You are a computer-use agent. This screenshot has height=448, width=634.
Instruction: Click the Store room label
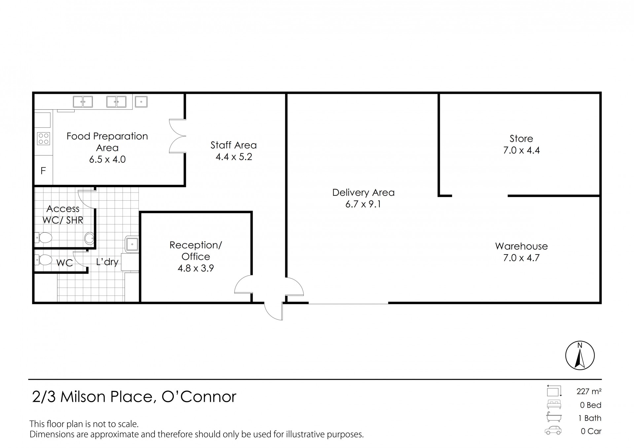(x=521, y=139)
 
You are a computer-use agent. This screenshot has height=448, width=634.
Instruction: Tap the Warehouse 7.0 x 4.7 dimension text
(x=521, y=258)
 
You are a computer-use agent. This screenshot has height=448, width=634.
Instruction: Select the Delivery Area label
(x=363, y=192)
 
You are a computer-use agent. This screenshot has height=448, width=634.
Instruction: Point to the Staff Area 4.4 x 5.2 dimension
(x=234, y=157)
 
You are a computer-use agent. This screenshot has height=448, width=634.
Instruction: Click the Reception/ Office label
(x=196, y=251)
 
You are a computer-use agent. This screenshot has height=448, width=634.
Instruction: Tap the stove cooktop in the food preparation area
(x=44, y=138)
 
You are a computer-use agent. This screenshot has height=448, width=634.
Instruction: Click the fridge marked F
(x=43, y=171)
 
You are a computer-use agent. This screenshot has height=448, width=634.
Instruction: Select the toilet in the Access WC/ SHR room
(x=44, y=237)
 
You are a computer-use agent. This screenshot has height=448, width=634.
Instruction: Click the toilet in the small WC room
(x=44, y=260)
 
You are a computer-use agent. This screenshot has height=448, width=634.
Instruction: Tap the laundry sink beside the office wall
(x=132, y=244)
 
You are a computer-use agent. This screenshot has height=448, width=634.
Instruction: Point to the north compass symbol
(x=580, y=356)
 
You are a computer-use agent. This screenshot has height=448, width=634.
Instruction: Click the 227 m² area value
(x=589, y=391)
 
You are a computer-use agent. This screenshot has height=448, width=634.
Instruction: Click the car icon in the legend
(x=553, y=430)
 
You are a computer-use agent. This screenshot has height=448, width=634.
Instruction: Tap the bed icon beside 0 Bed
(x=554, y=404)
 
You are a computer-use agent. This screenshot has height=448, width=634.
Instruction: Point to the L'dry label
(x=107, y=262)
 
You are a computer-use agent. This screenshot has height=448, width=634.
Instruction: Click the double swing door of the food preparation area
(x=177, y=136)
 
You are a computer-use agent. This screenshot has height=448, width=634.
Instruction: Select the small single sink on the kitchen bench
(x=141, y=102)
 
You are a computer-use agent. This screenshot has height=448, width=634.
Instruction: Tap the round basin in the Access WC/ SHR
(x=89, y=238)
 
